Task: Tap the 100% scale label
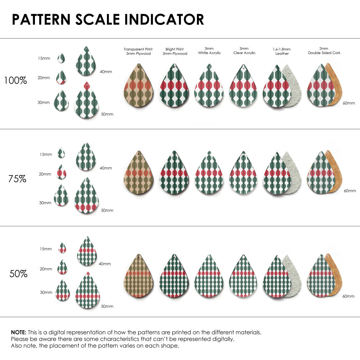pos(15,81)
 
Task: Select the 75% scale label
pos(17,179)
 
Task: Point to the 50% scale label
pos(18,274)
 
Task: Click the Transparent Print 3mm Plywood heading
pos(138,51)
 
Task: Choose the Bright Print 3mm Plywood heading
pos(175,51)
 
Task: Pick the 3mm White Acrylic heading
pos(209,51)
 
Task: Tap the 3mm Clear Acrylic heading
pos(244,51)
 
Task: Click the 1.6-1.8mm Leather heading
pos(282,51)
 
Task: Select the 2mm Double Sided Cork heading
pos(324,51)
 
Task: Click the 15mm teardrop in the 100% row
pos(61,58)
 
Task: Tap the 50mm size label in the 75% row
pos(107,210)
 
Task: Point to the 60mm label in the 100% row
pos(348,103)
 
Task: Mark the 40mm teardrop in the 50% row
pos(87,252)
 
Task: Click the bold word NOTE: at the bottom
pos(18,332)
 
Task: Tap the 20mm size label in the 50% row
pos(46,269)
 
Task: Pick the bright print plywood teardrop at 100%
pos(174,86)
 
